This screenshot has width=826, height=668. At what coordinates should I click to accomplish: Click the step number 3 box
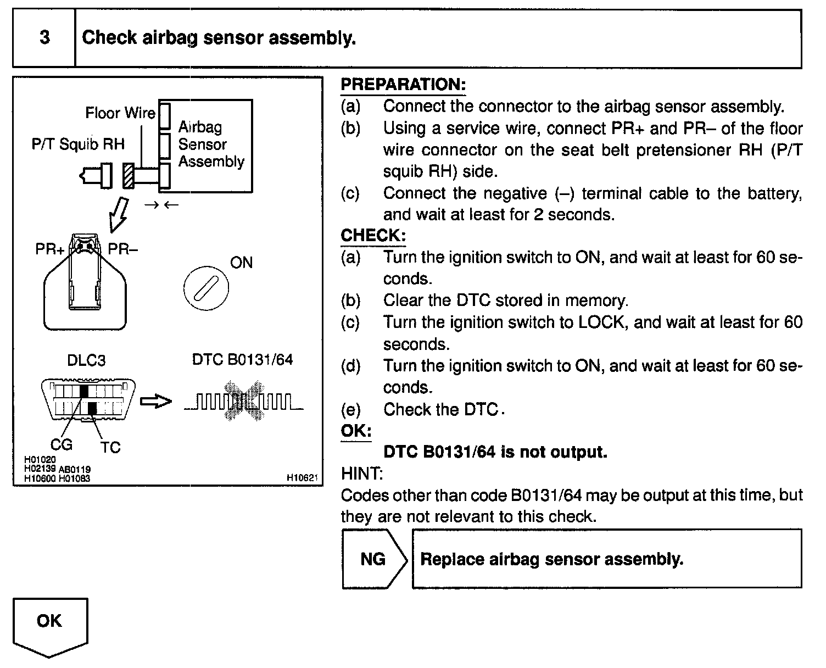(44, 38)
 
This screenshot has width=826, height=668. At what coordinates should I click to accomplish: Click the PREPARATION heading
(403, 85)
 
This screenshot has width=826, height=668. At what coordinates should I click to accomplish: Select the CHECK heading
(373, 236)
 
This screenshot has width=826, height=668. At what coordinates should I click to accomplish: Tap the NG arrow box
(373, 559)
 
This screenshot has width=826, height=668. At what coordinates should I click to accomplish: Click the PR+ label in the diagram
(50, 249)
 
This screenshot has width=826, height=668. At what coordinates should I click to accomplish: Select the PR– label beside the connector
(122, 249)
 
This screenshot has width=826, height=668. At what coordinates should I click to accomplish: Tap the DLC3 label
(86, 360)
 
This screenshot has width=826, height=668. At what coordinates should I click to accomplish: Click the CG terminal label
(62, 444)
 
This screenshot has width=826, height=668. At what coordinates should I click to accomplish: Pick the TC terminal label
(110, 448)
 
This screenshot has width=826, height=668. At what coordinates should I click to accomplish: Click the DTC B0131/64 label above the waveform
(242, 360)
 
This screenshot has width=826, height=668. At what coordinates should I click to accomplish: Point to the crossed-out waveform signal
(243, 405)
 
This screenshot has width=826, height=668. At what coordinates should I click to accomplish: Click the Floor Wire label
(120, 113)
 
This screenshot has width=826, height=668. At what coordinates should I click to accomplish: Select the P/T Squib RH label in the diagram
(78, 144)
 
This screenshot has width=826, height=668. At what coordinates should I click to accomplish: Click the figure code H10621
(302, 478)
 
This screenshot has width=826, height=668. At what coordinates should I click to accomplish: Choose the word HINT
(361, 474)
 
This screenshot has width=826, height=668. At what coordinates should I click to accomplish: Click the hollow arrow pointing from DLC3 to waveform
(155, 402)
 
